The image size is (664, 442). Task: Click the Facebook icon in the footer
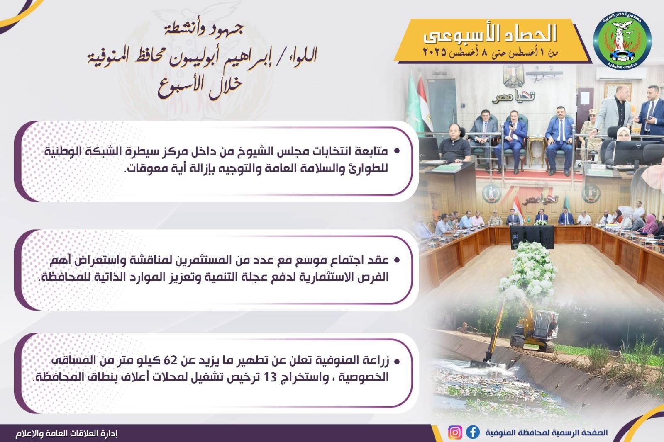click(x=473, y=432)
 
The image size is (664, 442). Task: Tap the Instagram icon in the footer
click(x=455, y=432)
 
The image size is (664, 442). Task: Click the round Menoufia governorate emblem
click(x=622, y=40)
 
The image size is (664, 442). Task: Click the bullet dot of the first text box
click(x=397, y=151)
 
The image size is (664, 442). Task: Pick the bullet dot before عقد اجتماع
click(x=397, y=260)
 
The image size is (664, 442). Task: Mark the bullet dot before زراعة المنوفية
click(x=397, y=361)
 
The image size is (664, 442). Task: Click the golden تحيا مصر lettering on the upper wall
click(x=513, y=97)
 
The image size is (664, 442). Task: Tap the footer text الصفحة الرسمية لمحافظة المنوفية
click(x=546, y=432)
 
